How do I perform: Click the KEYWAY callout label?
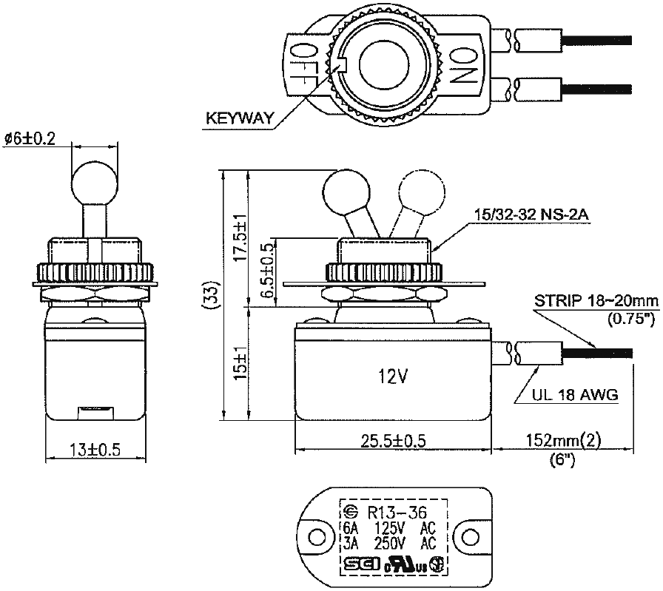[x=240, y=118]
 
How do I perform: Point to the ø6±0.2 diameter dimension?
[x=30, y=137]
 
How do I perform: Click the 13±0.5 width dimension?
[x=94, y=450]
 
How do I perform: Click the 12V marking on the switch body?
[x=391, y=376]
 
